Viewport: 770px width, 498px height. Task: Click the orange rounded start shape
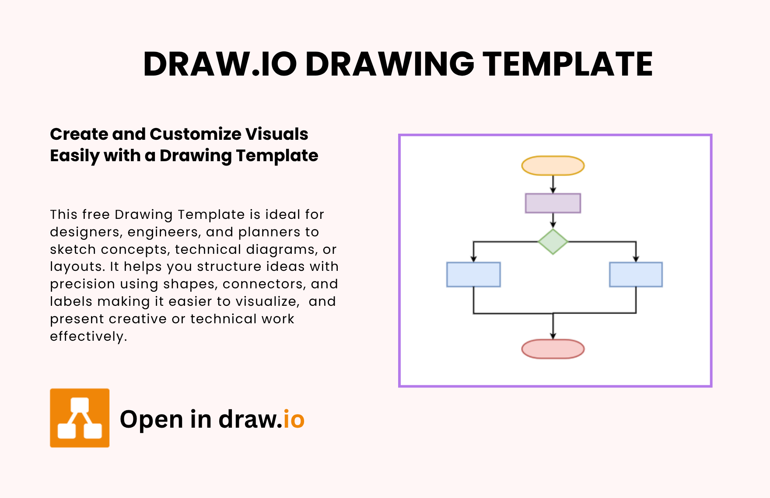tap(553, 166)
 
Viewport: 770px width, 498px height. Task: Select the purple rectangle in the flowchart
tap(553, 203)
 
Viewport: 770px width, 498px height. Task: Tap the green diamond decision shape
tap(553, 242)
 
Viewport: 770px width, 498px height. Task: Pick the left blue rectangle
tap(473, 274)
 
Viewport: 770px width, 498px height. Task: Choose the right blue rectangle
tap(636, 274)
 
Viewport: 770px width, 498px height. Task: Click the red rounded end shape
tap(553, 349)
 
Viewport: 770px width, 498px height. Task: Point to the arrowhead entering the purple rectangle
tap(553, 190)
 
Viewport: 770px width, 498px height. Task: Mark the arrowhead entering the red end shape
tap(553, 336)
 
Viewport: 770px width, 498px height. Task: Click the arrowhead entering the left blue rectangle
tap(473, 259)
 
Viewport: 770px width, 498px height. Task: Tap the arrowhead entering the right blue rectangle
tap(636, 259)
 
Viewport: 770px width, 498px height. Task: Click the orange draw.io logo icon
tap(80, 418)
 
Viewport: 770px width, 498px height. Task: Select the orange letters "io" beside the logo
tap(294, 419)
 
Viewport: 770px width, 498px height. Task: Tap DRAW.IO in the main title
tap(220, 64)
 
